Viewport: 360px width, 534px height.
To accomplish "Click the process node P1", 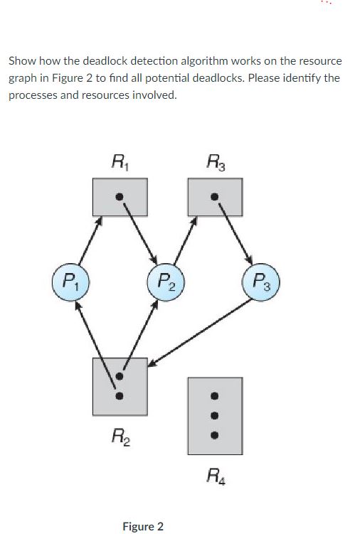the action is tap(70, 282).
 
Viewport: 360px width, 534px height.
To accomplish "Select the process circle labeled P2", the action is tap(166, 282).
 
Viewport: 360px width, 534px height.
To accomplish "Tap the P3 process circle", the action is tap(261, 282).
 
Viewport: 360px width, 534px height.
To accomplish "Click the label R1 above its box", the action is tap(120, 162).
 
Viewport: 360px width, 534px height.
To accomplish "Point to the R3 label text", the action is tap(216, 162).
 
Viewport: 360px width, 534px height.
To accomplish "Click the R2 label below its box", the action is tap(121, 437).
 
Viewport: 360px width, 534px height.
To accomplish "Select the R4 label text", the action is tap(216, 476).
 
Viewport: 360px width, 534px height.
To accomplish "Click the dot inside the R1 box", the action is tap(119, 196).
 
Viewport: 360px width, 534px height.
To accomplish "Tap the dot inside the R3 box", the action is tap(214, 196).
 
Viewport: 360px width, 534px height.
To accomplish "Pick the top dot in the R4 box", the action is tap(214, 396).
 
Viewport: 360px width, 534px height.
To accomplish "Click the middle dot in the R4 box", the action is tap(214, 416).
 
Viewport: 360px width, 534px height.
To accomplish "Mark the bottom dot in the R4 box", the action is tap(214, 435).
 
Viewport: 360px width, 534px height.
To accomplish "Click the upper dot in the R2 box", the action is tap(120, 376).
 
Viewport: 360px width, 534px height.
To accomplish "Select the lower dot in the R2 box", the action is tap(120, 396).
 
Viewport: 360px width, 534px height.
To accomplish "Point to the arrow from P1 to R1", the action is tap(90, 240).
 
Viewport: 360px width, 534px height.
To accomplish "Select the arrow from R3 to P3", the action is tap(235, 234).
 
